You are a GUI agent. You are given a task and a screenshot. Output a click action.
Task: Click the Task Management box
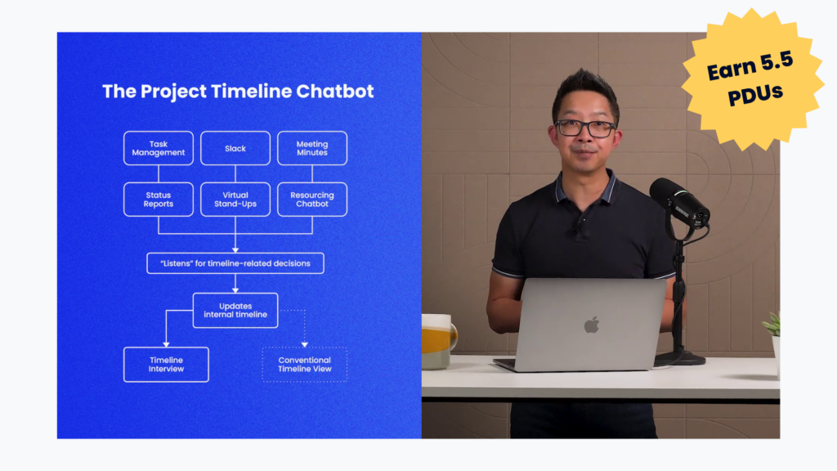coord(159,148)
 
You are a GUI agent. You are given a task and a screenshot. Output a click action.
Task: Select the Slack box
coord(235,148)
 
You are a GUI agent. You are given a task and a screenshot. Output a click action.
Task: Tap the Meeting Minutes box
coord(312,148)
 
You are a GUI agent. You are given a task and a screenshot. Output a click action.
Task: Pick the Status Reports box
coord(159,200)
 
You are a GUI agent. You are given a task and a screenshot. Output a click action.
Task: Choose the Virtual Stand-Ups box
coord(235,200)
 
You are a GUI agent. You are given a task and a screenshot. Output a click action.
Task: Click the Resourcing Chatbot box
coord(312,200)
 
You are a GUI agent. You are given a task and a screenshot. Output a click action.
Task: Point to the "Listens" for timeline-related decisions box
coord(235,263)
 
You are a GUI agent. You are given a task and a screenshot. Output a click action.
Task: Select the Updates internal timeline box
coord(235,310)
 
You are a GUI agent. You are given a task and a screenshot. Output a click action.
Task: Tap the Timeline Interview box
coord(166,365)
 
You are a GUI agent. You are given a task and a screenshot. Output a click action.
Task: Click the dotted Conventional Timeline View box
coord(305,365)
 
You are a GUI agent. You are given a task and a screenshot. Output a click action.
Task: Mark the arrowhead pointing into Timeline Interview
coord(166,344)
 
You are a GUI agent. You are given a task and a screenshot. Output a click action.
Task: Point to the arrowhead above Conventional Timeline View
coord(305,344)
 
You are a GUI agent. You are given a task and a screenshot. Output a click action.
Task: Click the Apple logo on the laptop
coord(592,325)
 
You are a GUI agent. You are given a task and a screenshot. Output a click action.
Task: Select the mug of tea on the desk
coord(439,342)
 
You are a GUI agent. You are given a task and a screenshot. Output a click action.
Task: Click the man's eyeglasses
coord(585,128)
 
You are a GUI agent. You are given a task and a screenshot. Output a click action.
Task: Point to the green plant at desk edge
coord(772,324)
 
